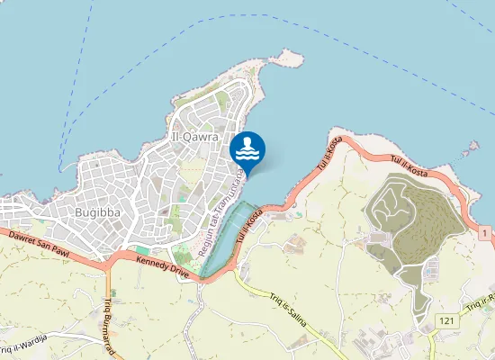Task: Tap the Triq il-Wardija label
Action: pyautogui.click(x=27, y=343)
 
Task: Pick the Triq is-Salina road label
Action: pyautogui.click(x=295, y=310)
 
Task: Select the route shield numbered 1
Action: pyautogui.click(x=485, y=233)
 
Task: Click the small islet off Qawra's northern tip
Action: pyautogui.click(x=288, y=58)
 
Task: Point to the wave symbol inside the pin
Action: pyautogui.click(x=247, y=154)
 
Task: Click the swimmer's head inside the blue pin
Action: pyautogui.click(x=247, y=141)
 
